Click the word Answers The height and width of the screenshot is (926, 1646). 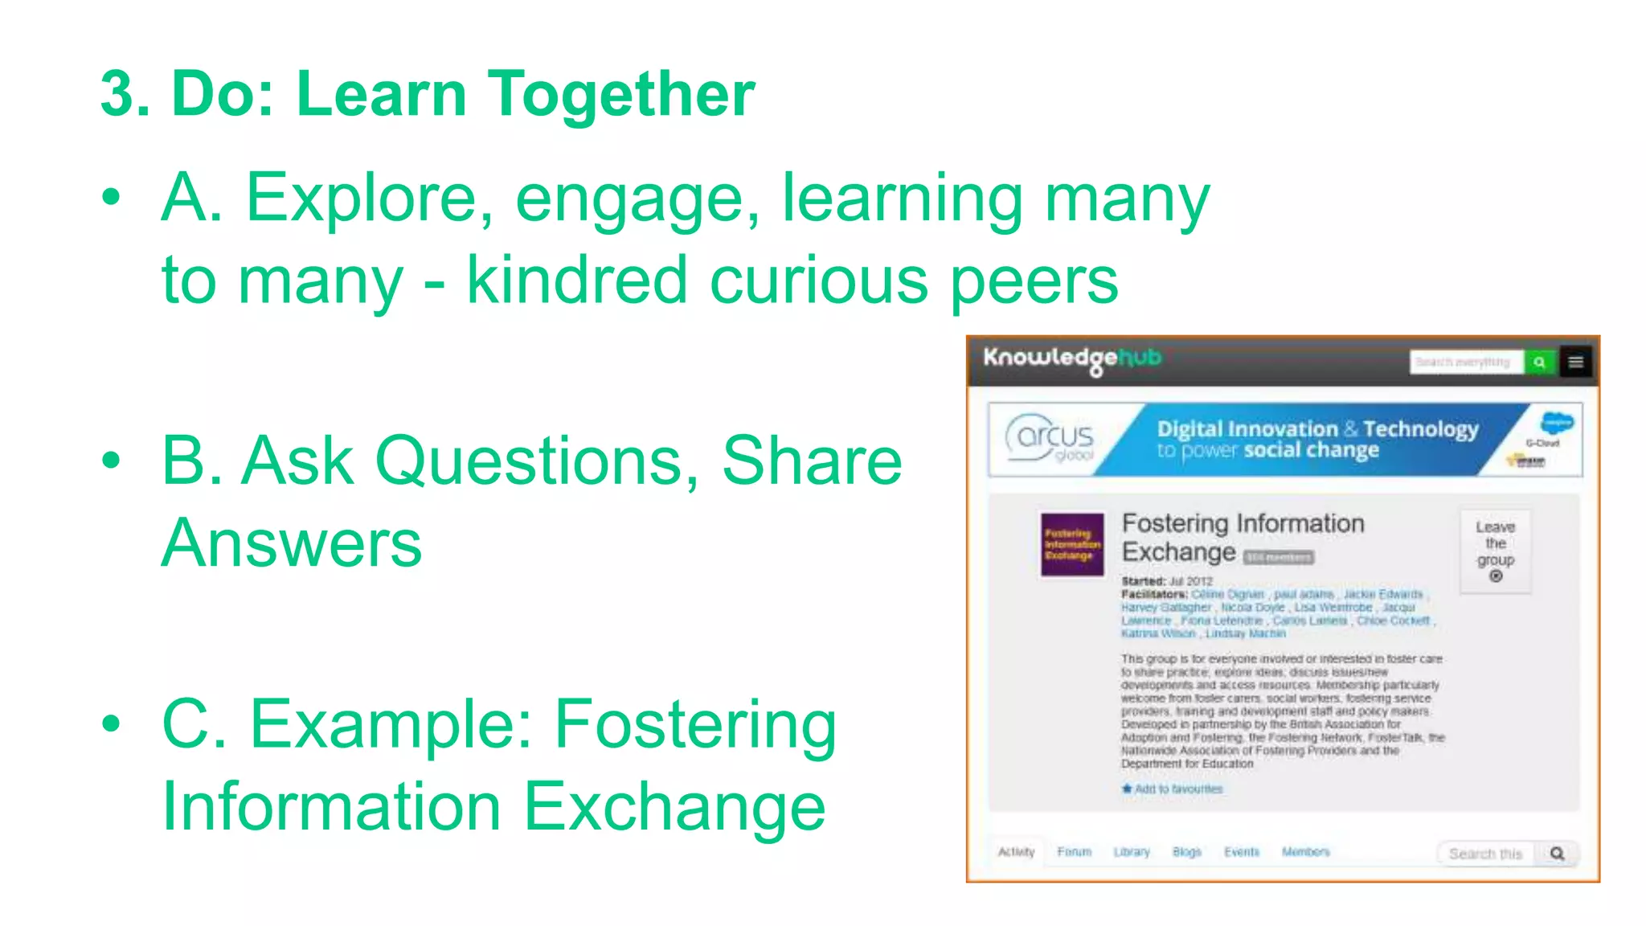click(292, 543)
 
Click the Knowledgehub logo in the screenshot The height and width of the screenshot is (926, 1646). click(1072, 359)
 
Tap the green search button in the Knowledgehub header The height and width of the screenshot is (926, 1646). click(1539, 363)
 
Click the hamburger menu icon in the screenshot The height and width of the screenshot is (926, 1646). click(1576, 363)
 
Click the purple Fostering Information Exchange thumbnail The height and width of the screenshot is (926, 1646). click(1072, 544)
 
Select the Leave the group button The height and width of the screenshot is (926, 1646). click(1495, 551)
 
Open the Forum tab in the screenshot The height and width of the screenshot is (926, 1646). click(1074, 852)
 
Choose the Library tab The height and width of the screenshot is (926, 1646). click(1132, 852)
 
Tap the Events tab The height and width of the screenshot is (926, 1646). click(1242, 852)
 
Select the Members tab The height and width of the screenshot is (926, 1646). click(1305, 852)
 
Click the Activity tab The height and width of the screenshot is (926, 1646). click(1016, 852)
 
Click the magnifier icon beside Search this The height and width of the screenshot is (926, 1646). click(1557, 854)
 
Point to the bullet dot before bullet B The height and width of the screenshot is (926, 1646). click(111, 461)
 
